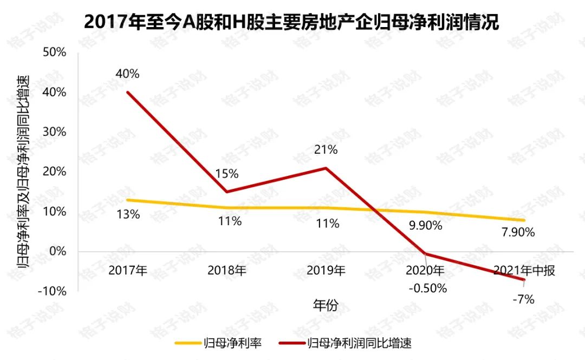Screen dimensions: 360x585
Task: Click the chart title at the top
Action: [291, 22]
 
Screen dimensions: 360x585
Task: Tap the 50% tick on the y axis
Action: [54, 53]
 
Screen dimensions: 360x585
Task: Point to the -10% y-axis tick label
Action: [52, 291]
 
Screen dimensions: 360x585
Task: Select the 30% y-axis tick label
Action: [54, 132]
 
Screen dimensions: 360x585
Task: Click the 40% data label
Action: [127, 74]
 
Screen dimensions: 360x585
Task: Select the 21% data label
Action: [326, 150]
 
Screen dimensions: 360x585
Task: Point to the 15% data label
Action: [226, 174]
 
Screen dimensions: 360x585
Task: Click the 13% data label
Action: [128, 214]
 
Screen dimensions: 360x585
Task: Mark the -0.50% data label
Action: [428, 288]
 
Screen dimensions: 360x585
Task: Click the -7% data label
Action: [523, 299]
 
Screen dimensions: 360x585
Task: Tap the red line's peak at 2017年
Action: [127, 92]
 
